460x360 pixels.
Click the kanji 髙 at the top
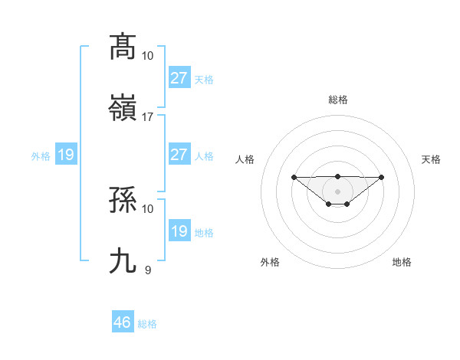tap(123, 47)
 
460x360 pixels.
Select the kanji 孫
tap(123, 201)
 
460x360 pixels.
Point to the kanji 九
tap(123, 260)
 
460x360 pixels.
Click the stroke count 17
tap(148, 116)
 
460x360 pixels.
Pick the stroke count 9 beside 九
tap(148, 270)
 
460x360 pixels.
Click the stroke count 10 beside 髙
tap(148, 56)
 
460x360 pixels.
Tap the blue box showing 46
tap(123, 322)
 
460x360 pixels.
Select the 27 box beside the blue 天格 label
tap(179, 78)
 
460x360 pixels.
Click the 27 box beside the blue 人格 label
tap(179, 155)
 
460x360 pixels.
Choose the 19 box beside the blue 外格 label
tap(66, 155)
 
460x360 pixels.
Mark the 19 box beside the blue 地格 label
tap(179, 231)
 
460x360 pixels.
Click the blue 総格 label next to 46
tap(147, 324)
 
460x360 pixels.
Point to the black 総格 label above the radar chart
tap(337, 100)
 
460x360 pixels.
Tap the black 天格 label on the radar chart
tap(431, 159)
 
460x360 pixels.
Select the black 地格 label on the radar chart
tap(402, 262)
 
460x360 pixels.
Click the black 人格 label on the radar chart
tap(245, 159)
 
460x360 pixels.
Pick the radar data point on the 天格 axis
tap(382, 177)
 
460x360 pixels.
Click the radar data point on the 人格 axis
tap(294, 177)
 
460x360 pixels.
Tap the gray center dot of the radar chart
tap(337, 191)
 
